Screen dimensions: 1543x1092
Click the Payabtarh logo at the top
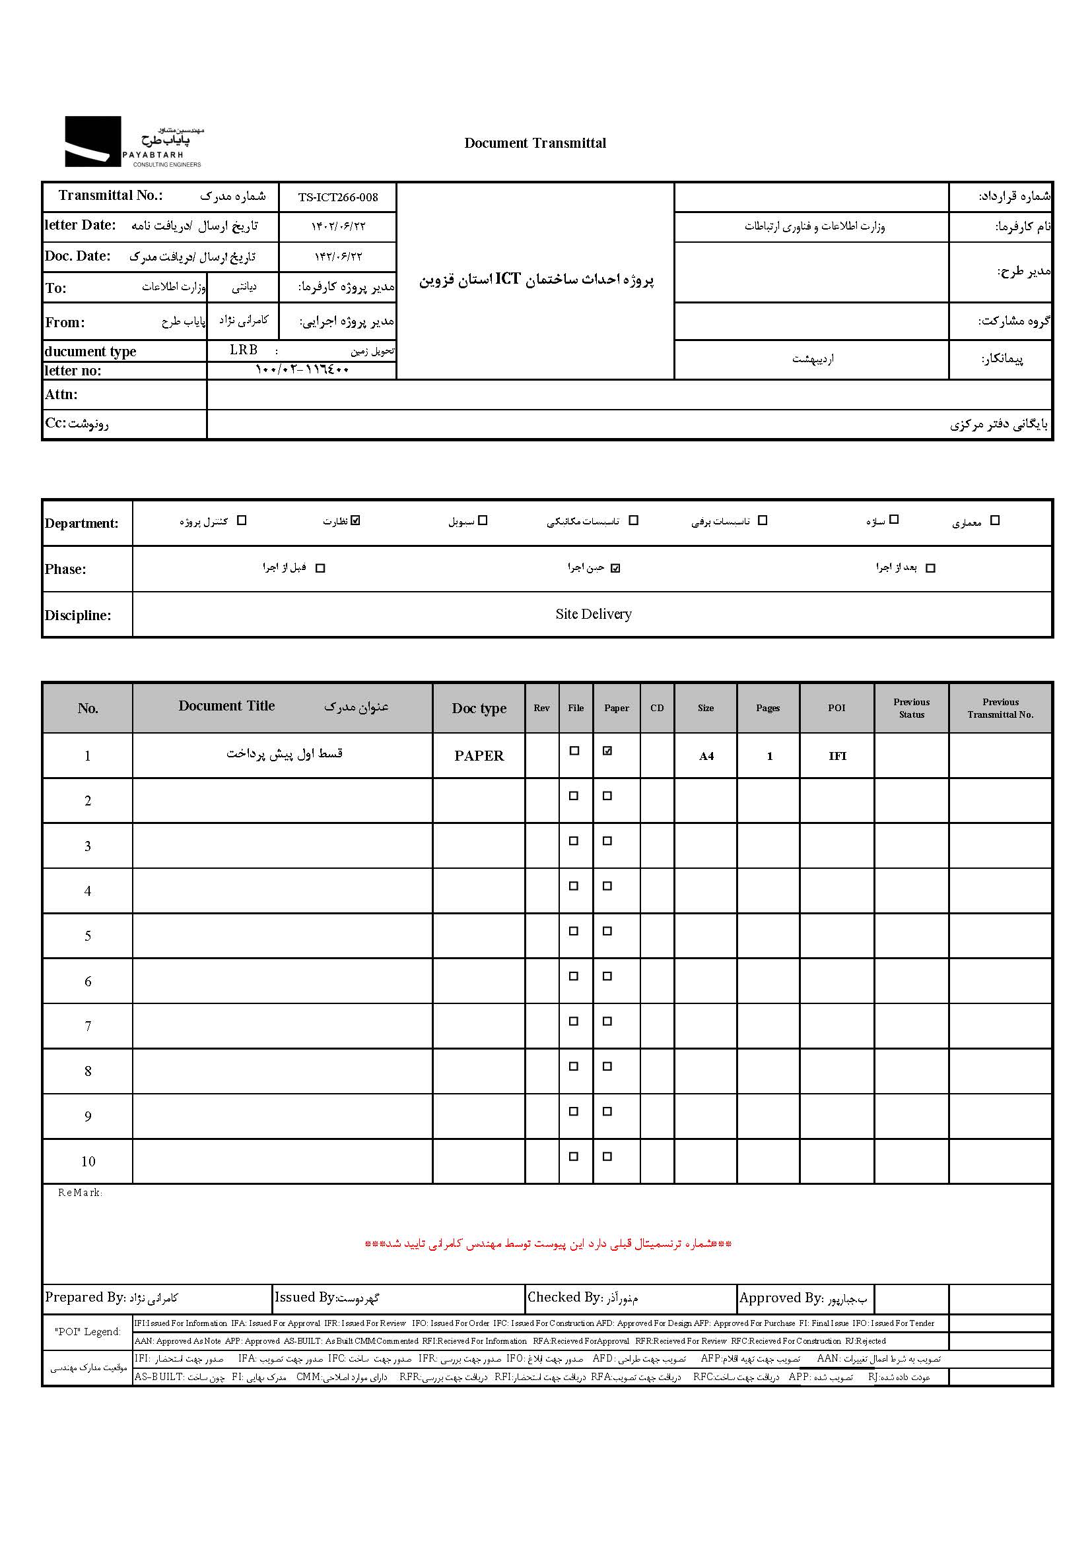133,142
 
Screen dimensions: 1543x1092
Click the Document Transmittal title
535,143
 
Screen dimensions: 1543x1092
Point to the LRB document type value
244,350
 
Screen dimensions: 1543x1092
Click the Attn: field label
61,394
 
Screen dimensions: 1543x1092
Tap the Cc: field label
56,424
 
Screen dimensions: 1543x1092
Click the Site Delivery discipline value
593,614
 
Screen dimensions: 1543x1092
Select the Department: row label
81,524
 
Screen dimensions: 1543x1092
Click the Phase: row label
65,569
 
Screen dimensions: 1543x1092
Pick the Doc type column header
479,709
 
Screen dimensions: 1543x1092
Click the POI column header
836,709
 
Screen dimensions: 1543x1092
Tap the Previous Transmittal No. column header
1000,709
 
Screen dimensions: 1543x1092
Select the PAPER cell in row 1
479,756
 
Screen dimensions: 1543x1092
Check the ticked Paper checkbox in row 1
607,751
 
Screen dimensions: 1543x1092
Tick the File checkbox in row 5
574,931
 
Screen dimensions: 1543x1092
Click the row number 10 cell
88,1162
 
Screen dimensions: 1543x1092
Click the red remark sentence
547,1245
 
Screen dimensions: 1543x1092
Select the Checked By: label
563,1298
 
